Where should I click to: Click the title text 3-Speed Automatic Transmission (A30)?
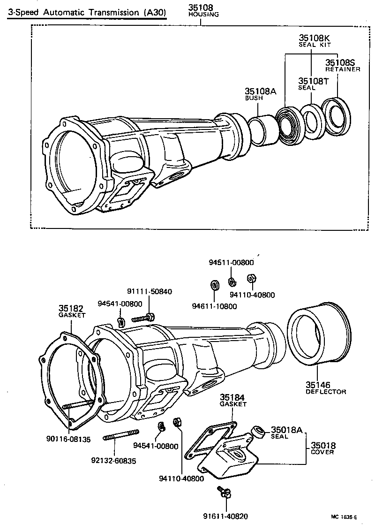(87, 13)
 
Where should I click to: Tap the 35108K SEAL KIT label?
(315, 40)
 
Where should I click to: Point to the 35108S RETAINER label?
(343, 65)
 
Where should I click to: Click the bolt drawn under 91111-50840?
(142, 318)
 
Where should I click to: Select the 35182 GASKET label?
(71, 312)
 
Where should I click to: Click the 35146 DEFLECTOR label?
(325, 388)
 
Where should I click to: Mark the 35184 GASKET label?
(233, 400)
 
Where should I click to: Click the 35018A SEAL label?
(286, 433)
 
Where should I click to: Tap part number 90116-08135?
(68, 439)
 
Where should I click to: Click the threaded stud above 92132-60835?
(120, 435)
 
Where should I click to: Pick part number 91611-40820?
(225, 516)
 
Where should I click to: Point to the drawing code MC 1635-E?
(344, 517)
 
